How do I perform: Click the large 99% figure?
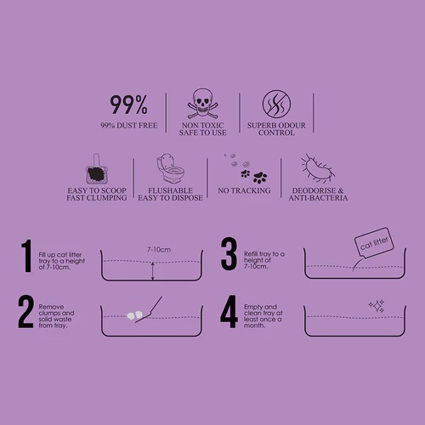pos(128,105)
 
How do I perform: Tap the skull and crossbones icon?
pos(202,104)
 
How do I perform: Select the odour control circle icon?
pos(276,104)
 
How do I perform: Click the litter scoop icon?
pos(97,169)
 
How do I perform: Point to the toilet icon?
pos(170,168)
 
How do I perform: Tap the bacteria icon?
pos(318,169)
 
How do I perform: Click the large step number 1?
pos(26,256)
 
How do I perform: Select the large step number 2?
pos(25,312)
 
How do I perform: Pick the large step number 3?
pos(229,254)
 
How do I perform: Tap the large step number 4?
pos(229,312)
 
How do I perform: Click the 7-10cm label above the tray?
pos(159,250)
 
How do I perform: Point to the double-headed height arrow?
pos(153,271)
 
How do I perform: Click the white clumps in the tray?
pos(134,315)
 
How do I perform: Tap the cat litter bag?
pos(374,243)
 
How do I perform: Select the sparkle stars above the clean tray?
pos(377,306)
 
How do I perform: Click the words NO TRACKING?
pos(244,190)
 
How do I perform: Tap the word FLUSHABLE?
pos(170,190)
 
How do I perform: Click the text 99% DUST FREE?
pos(129,126)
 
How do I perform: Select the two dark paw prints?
pos(254,176)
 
